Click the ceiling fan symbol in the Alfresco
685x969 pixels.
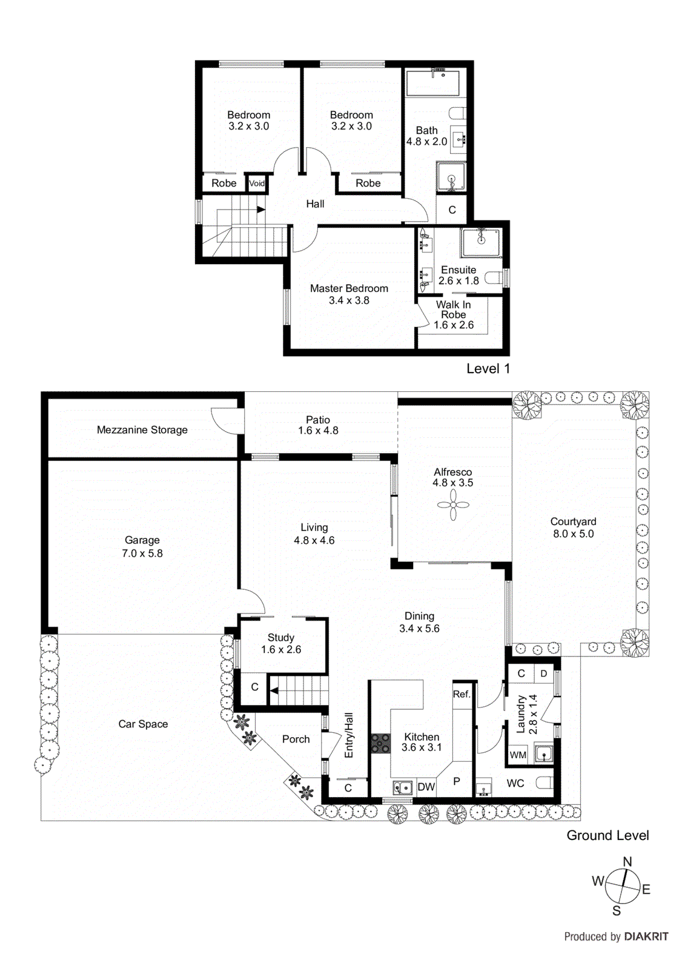[x=453, y=504]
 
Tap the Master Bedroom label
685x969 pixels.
[x=349, y=289]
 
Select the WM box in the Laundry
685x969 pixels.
[x=518, y=755]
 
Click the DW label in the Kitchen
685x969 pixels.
[x=426, y=787]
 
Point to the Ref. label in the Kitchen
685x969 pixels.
[x=462, y=694]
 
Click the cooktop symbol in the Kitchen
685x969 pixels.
[x=380, y=743]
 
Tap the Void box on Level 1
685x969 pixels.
[x=257, y=184]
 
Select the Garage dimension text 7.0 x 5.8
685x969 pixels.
[x=142, y=553]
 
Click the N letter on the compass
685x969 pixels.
[x=627, y=862]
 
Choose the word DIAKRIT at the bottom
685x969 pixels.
[x=646, y=936]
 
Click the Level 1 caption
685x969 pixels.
[x=488, y=369]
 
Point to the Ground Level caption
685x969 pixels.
[x=607, y=835]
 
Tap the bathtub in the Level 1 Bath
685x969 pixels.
[x=432, y=83]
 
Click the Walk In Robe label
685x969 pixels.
[x=453, y=309]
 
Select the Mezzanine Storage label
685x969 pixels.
[x=142, y=430]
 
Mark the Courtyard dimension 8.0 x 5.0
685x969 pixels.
[x=573, y=534]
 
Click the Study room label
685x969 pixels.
[x=281, y=638]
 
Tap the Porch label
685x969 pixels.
[x=296, y=739]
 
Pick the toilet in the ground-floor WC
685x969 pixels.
[x=544, y=783]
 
